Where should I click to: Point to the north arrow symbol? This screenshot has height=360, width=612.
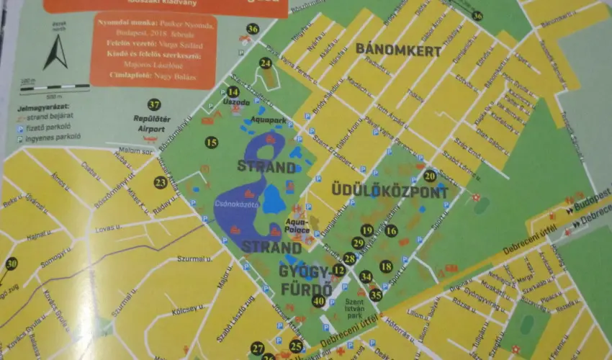(55, 52)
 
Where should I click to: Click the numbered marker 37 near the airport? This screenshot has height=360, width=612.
(153, 104)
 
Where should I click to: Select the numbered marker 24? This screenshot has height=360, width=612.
(266, 63)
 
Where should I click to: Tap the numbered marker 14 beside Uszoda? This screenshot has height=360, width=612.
(233, 91)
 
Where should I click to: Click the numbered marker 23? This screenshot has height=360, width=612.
(161, 183)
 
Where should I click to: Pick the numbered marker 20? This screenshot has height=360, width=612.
(430, 175)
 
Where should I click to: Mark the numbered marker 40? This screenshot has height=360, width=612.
(319, 300)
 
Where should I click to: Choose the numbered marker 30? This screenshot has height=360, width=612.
(11, 264)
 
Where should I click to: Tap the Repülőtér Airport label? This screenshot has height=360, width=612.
(149, 123)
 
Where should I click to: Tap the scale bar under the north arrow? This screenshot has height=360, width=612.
(54, 88)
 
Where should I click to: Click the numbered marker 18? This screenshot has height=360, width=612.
(386, 266)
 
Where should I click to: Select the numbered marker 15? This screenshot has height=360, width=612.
(211, 143)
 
